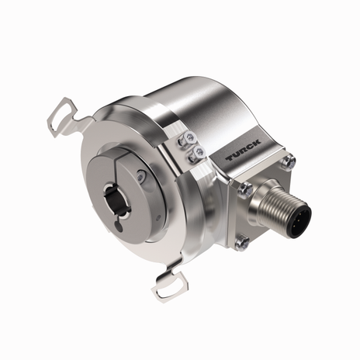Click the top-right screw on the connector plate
(289, 162)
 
